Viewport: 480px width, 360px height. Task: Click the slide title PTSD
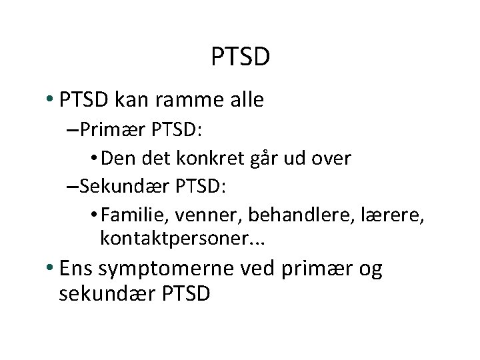pyautogui.click(x=240, y=57)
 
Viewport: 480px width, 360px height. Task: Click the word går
pyautogui.click(x=264, y=159)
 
